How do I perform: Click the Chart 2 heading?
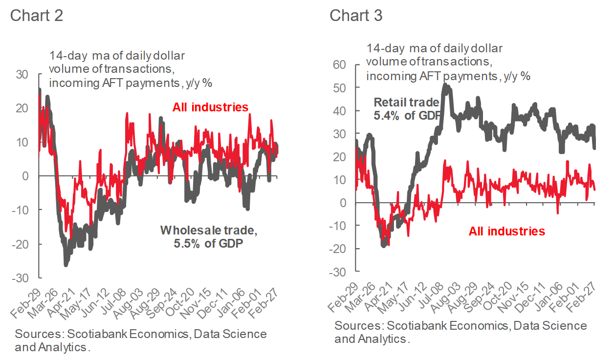point(36,15)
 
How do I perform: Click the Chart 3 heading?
point(356,15)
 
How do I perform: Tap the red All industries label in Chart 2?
point(210,107)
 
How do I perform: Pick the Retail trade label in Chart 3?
point(407,103)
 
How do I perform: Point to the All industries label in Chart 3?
point(506,231)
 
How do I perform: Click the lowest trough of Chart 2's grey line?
point(66,265)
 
